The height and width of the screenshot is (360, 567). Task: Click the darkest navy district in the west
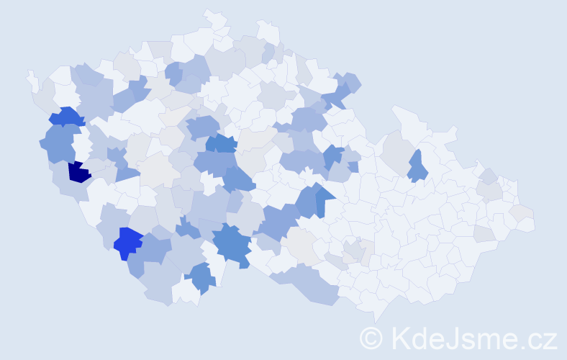coord(78,172)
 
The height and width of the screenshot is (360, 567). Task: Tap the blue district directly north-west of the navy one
coord(65,116)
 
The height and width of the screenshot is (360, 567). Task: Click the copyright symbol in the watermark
coord(371,338)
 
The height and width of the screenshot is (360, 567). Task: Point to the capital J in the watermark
coord(452,338)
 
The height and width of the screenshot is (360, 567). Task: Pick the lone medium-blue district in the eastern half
coord(417,168)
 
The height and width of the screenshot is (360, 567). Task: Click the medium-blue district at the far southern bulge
coord(201,277)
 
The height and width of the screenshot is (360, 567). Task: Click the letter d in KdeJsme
coord(422,338)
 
